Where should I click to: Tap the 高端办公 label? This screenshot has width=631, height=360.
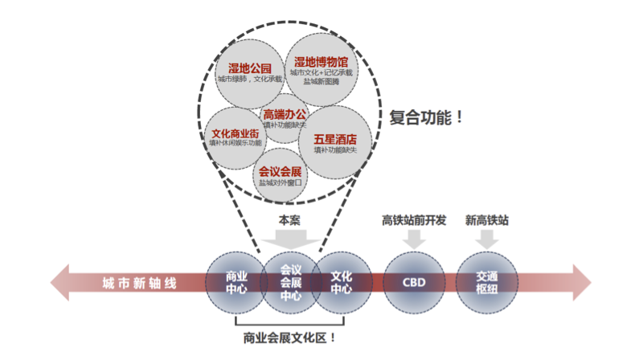[x=285, y=114]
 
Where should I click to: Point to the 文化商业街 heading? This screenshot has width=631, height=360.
[x=235, y=133]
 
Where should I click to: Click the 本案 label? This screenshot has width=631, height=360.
[x=290, y=219]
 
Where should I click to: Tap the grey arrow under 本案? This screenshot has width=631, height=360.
[x=290, y=238]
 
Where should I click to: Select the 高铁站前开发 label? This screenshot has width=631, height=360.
[x=414, y=219]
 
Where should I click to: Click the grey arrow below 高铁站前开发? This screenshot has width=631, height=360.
[x=414, y=239]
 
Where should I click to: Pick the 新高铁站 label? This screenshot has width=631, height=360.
[x=487, y=219]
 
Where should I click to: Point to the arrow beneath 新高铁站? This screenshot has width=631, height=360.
[x=487, y=239]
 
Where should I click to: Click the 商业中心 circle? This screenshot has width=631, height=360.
[x=236, y=282]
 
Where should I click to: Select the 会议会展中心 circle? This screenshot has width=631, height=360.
[x=290, y=282]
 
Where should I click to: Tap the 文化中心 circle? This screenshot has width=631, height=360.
[x=342, y=282]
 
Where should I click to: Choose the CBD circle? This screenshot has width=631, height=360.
[x=414, y=283]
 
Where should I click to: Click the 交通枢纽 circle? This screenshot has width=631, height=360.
[x=487, y=282]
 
